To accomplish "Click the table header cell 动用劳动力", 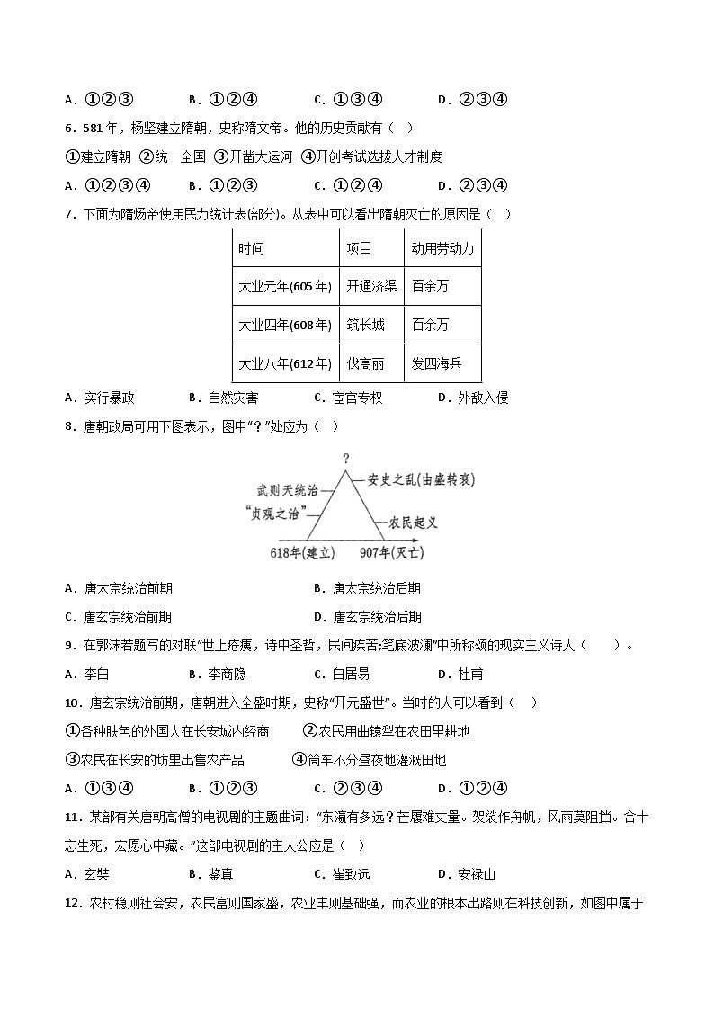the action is (x=442, y=247).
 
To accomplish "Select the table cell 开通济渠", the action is (x=371, y=286).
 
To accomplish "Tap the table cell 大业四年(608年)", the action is (x=285, y=325).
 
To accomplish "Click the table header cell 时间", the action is (x=252, y=247).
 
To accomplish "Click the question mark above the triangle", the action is (x=345, y=459).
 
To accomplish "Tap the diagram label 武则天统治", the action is (x=287, y=490).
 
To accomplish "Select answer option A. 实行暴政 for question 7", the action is (x=100, y=398).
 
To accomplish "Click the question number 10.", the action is (x=73, y=702).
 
